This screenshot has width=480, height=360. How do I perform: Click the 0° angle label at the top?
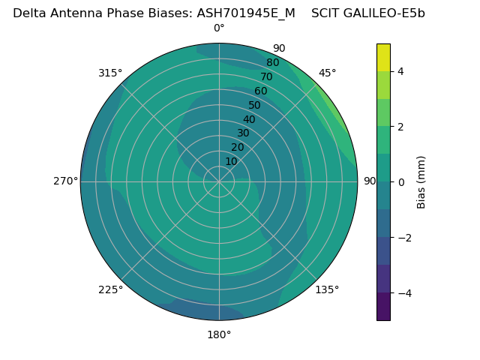219,28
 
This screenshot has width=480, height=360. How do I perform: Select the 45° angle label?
327,73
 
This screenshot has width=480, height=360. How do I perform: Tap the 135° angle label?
327,289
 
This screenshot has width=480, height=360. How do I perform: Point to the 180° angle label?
219,334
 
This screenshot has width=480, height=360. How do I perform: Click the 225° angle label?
110,289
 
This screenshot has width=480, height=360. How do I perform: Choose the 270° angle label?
65,181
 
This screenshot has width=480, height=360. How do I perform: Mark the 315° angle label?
110,73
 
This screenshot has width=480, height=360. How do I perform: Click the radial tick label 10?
231,161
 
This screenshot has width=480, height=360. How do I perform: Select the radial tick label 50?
255,106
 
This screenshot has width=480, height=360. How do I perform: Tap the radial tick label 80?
273,63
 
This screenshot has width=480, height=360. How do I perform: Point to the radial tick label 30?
243,133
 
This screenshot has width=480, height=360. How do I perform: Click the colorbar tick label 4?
400,71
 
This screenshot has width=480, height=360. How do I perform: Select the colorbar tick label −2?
403,238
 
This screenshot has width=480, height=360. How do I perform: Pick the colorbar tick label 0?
400,182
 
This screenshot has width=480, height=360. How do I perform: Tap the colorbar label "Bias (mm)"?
421,182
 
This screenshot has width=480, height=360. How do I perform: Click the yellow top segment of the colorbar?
383,58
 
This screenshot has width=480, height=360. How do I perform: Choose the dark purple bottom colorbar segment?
383,307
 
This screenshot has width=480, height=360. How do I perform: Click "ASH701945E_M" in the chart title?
246,13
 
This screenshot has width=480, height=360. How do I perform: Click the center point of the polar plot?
219,181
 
